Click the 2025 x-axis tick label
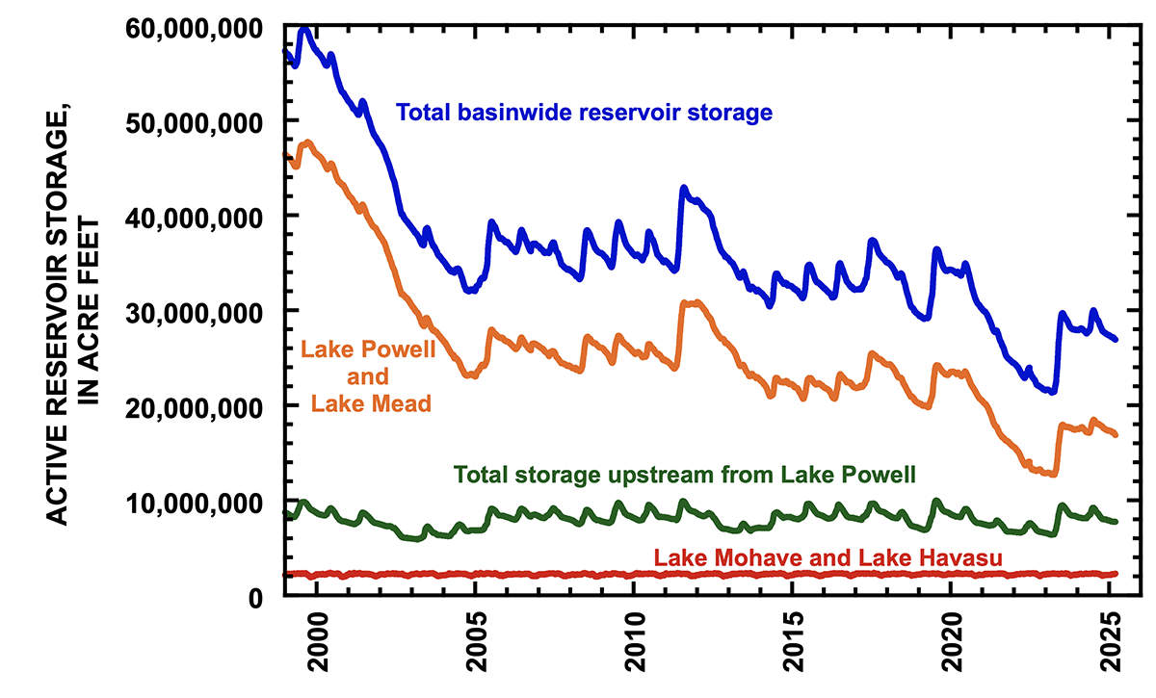pyautogui.click(x=1108, y=650)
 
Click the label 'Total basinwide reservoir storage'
pyautogui.click(x=585, y=113)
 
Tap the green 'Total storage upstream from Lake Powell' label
pyautogui.click(x=684, y=475)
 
